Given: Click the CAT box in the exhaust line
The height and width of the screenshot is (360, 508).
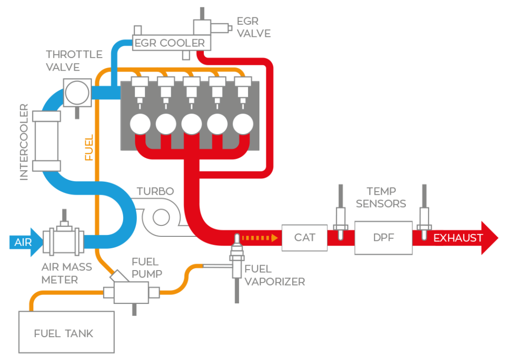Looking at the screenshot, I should pos(304,237).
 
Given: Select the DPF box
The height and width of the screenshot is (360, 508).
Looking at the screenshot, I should pos(383,238).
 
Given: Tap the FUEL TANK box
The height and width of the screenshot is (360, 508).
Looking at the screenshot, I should pos(66,332).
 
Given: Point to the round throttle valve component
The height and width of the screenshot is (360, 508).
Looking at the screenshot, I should pos(77,92).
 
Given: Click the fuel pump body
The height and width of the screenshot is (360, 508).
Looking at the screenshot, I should pos(131,291).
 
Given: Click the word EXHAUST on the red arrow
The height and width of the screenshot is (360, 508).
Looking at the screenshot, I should pos(458,238).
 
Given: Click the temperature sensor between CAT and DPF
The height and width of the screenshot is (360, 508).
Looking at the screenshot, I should pos(340,218).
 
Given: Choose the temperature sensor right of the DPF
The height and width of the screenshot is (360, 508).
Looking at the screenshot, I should pos(424,218).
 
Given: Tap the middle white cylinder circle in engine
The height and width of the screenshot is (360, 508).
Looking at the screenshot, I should pos(191,124).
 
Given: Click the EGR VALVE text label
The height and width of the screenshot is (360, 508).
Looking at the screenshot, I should pos(254,28).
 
